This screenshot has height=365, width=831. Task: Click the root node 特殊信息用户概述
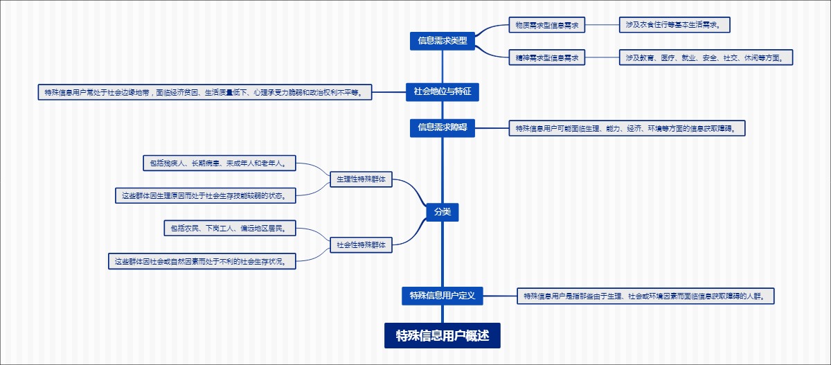(x=443, y=336)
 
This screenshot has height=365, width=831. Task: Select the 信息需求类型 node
(x=443, y=41)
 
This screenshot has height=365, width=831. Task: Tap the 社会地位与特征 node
(x=442, y=91)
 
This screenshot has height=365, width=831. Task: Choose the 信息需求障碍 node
(x=443, y=127)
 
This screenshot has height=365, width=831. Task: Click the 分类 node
(x=443, y=212)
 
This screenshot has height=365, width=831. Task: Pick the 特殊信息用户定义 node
(x=442, y=296)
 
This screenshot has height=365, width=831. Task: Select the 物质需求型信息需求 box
(x=546, y=26)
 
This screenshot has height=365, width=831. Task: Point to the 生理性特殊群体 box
(x=361, y=179)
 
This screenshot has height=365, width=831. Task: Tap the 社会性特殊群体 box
(x=361, y=244)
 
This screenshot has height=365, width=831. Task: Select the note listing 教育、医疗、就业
(x=705, y=57)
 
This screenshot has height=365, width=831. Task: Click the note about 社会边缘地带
(x=204, y=92)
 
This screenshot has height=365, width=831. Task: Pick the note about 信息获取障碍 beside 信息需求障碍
(x=627, y=128)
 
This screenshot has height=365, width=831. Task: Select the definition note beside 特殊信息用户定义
(x=645, y=296)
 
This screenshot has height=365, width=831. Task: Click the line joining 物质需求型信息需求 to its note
(x=602, y=26)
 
